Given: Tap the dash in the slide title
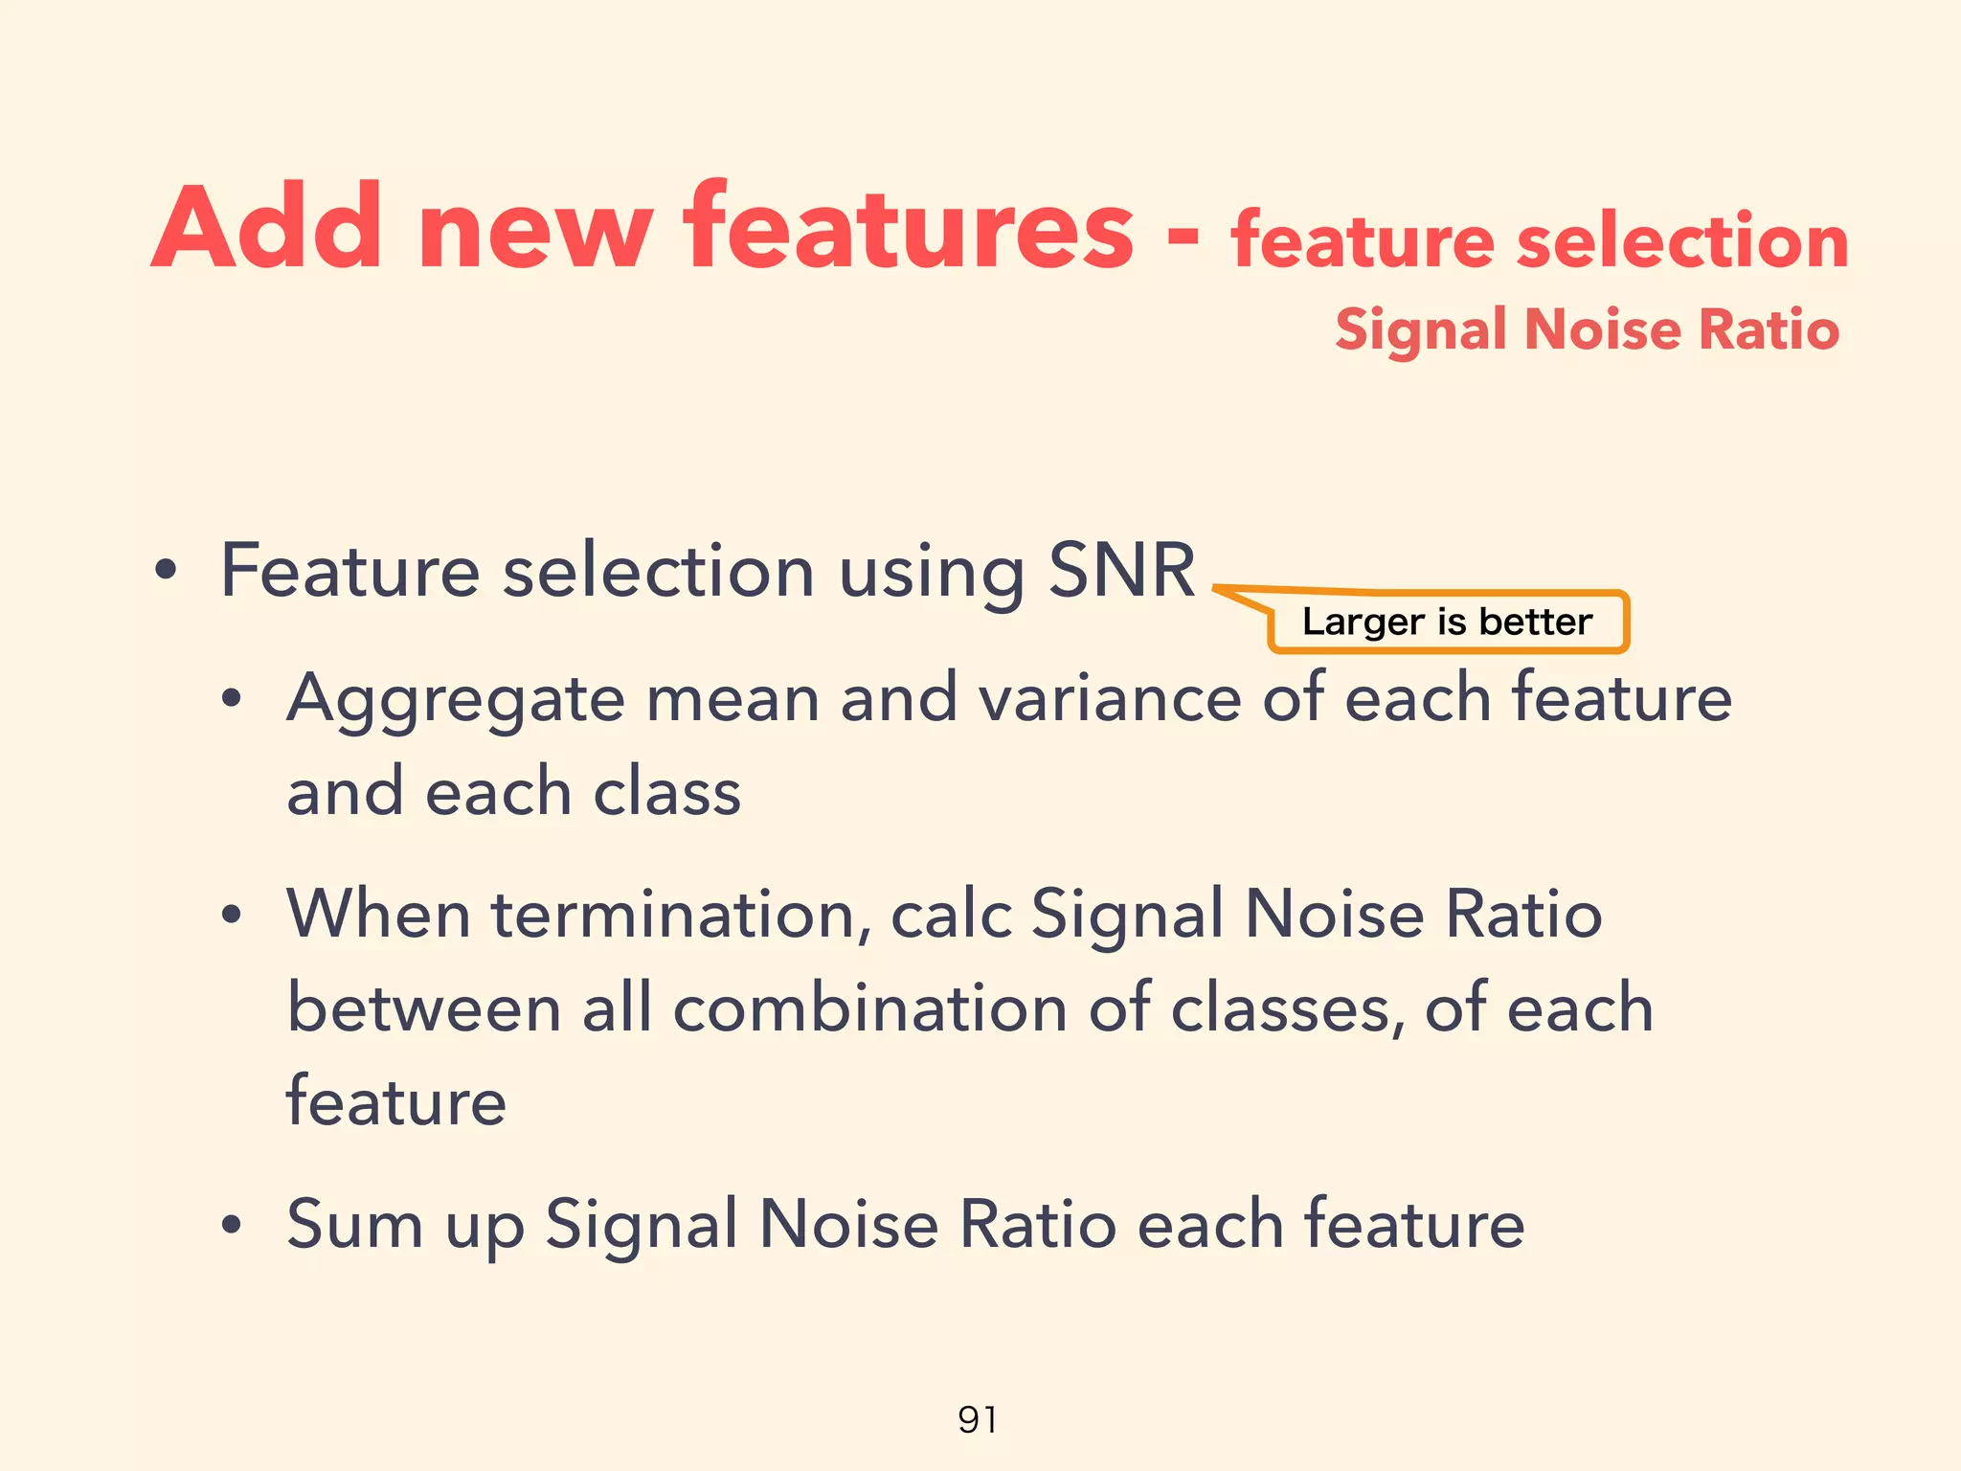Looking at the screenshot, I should (x=1183, y=237).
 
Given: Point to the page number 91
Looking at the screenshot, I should (x=978, y=1419).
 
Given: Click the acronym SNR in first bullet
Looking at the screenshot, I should (x=1121, y=571).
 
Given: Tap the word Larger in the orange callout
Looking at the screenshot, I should (x=1363, y=622).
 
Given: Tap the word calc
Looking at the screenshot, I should (x=951, y=914).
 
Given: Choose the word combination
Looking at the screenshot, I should (x=869, y=1009).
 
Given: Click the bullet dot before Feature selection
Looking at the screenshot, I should (x=167, y=573).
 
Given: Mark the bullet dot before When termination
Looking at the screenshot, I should (x=231, y=916).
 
